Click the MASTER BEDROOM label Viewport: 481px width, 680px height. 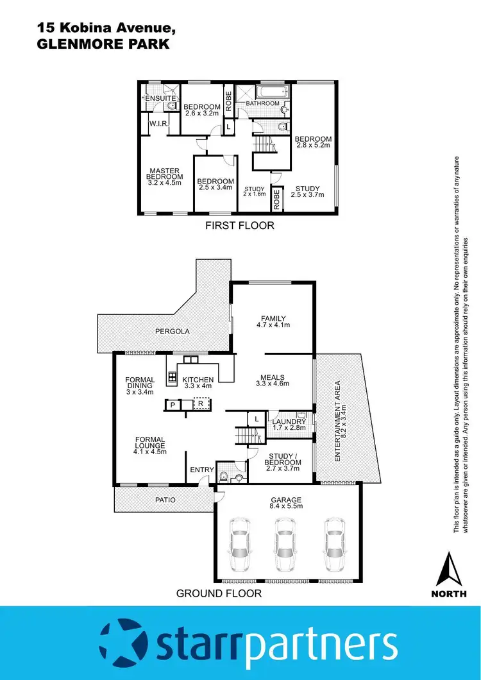click(x=164, y=173)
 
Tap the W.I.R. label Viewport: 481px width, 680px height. click(x=158, y=123)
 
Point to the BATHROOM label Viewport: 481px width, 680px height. click(x=263, y=103)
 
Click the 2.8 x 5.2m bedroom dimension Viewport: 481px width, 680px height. click(x=313, y=146)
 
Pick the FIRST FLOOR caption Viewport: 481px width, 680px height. click(x=239, y=225)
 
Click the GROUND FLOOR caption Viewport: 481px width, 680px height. click(x=219, y=593)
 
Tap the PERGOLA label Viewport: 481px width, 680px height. click(x=173, y=332)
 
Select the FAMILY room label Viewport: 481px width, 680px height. click(x=273, y=318)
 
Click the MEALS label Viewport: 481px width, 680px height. click(x=273, y=377)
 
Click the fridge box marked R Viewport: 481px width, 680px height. click(x=201, y=404)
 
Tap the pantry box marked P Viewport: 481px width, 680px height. click(x=172, y=405)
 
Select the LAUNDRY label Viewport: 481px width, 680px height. click(x=285, y=421)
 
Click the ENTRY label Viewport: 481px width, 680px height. click(x=202, y=470)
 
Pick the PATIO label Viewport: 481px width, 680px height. click(x=165, y=499)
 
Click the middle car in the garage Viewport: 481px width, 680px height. click(x=285, y=538)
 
